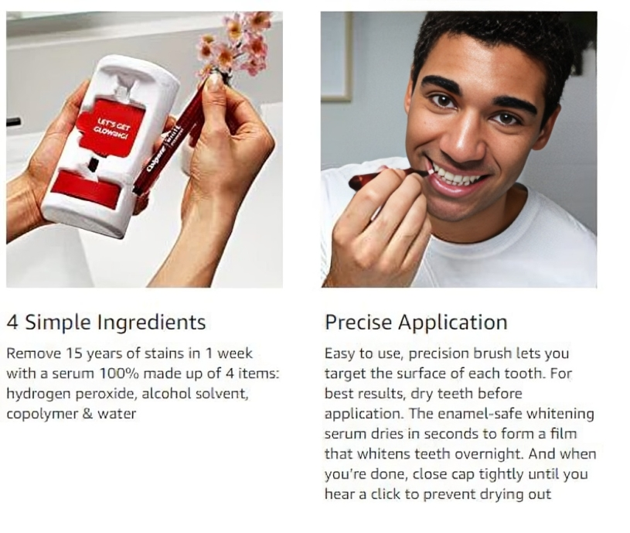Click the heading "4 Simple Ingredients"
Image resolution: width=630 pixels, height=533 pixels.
pyautogui.click(x=106, y=322)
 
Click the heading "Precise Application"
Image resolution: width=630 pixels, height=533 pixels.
pyautogui.click(x=416, y=322)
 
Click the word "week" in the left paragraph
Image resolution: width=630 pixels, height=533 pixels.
pyautogui.click(x=233, y=354)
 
